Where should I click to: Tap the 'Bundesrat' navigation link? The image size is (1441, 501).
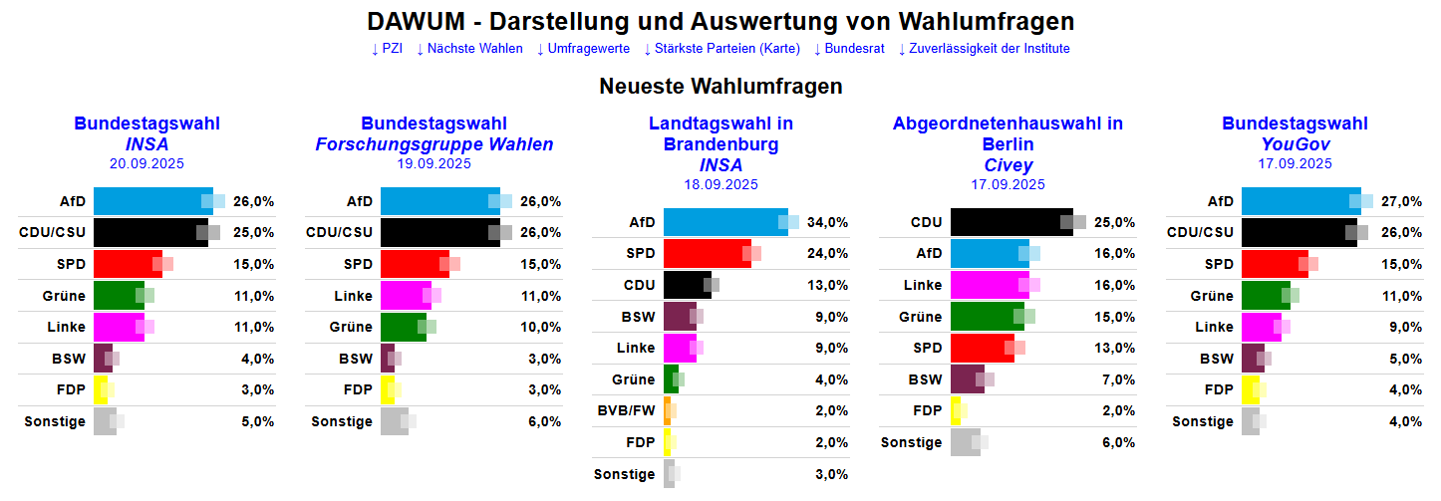pyautogui.click(x=848, y=49)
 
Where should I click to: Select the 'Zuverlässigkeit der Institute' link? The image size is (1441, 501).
pyautogui.click(x=985, y=49)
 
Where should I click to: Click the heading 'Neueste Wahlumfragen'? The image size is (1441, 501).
pyautogui.click(x=720, y=87)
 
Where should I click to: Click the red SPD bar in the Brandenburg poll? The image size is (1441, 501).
pyautogui.click(x=706, y=253)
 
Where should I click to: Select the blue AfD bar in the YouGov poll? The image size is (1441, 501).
pyautogui.click(x=1299, y=201)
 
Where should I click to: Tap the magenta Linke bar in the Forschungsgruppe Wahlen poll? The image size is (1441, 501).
pyautogui.click(x=406, y=296)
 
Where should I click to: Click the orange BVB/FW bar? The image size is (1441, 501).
pyautogui.click(x=667, y=410)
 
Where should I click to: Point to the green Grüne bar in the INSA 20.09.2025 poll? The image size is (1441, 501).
pyautogui.click(x=119, y=296)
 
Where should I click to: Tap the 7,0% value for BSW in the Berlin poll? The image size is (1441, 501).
pyautogui.click(x=1117, y=379)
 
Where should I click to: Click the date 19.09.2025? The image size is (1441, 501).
pyautogui.click(x=433, y=164)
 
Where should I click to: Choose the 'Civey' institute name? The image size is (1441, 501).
pyautogui.click(x=1008, y=165)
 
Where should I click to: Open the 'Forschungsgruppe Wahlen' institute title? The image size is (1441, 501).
pyautogui.click(x=433, y=144)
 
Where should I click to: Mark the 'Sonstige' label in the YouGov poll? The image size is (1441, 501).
pyautogui.click(x=1202, y=421)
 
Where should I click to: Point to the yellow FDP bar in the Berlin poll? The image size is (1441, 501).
pyautogui.click(x=955, y=410)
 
